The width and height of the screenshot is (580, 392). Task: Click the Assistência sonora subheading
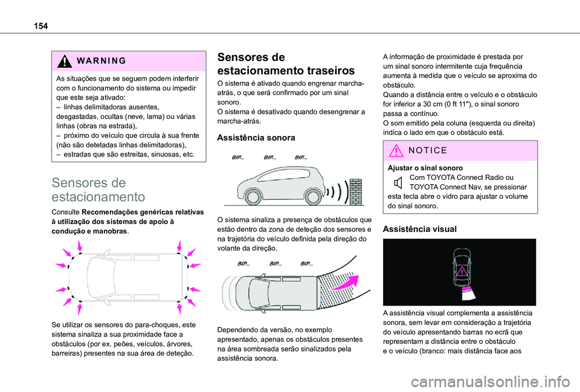point(257,138)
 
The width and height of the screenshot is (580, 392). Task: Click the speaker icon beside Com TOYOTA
point(397,182)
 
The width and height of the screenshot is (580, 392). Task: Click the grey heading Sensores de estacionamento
point(89,189)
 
